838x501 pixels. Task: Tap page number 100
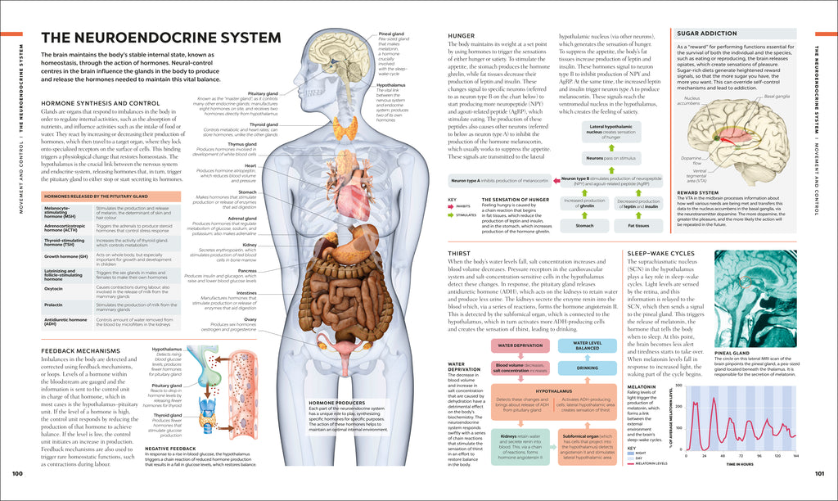pyautogui.click(x=17, y=474)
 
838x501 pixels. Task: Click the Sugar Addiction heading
pyautogui.click(x=707, y=34)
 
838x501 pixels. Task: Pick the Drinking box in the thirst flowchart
pyautogui.click(x=586, y=368)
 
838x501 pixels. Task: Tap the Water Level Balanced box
pyautogui.click(x=586, y=345)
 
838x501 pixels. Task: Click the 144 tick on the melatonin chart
pyautogui.click(x=795, y=456)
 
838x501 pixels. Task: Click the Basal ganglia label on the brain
pyautogui.click(x=777, y=97)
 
